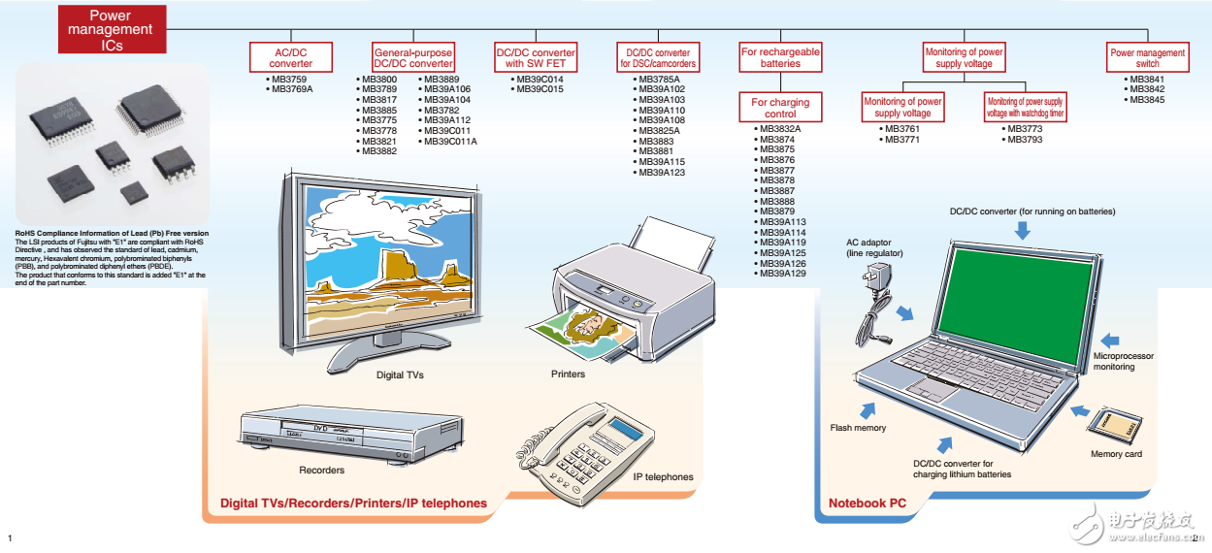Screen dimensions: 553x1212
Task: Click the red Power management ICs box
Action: [111, 29]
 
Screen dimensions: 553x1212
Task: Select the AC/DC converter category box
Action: [291, 57]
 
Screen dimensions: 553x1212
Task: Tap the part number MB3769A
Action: [292, 89]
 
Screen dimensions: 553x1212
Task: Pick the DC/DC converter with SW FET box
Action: [535, 57]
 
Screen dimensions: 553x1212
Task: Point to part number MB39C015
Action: [540, 89]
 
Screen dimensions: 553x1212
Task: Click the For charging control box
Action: [780, 108]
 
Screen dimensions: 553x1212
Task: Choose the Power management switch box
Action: [1148, 57]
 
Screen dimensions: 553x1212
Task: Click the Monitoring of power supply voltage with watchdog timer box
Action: [1024, 107]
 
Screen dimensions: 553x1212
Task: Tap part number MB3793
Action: [1025, 140]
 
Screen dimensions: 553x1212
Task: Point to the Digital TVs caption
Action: [400, 374]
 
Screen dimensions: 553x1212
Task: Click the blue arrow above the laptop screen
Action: [1021, 229]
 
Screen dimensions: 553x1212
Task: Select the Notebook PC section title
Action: [868, 503]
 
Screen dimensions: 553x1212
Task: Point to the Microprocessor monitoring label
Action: [1124, 361]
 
